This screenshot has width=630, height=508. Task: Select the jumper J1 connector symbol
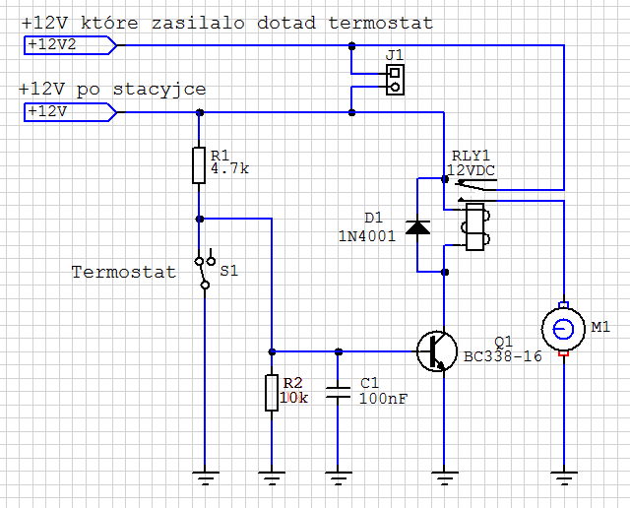coord(395,79)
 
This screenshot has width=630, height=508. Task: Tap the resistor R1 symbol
coord(199,165)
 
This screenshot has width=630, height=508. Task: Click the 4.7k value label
coord(230,169)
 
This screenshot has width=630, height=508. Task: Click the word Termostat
coord(123,272)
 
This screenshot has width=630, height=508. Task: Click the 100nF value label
coord(384,399)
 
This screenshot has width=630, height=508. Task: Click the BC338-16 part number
coord(502,356)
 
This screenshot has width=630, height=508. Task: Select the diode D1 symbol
coord(418,227)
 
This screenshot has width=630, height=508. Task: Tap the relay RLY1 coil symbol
coord(473,227)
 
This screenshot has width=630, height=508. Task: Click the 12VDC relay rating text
coord(472,169)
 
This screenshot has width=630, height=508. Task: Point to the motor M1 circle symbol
coord(563,327)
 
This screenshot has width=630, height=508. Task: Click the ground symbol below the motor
coord(563,479)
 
